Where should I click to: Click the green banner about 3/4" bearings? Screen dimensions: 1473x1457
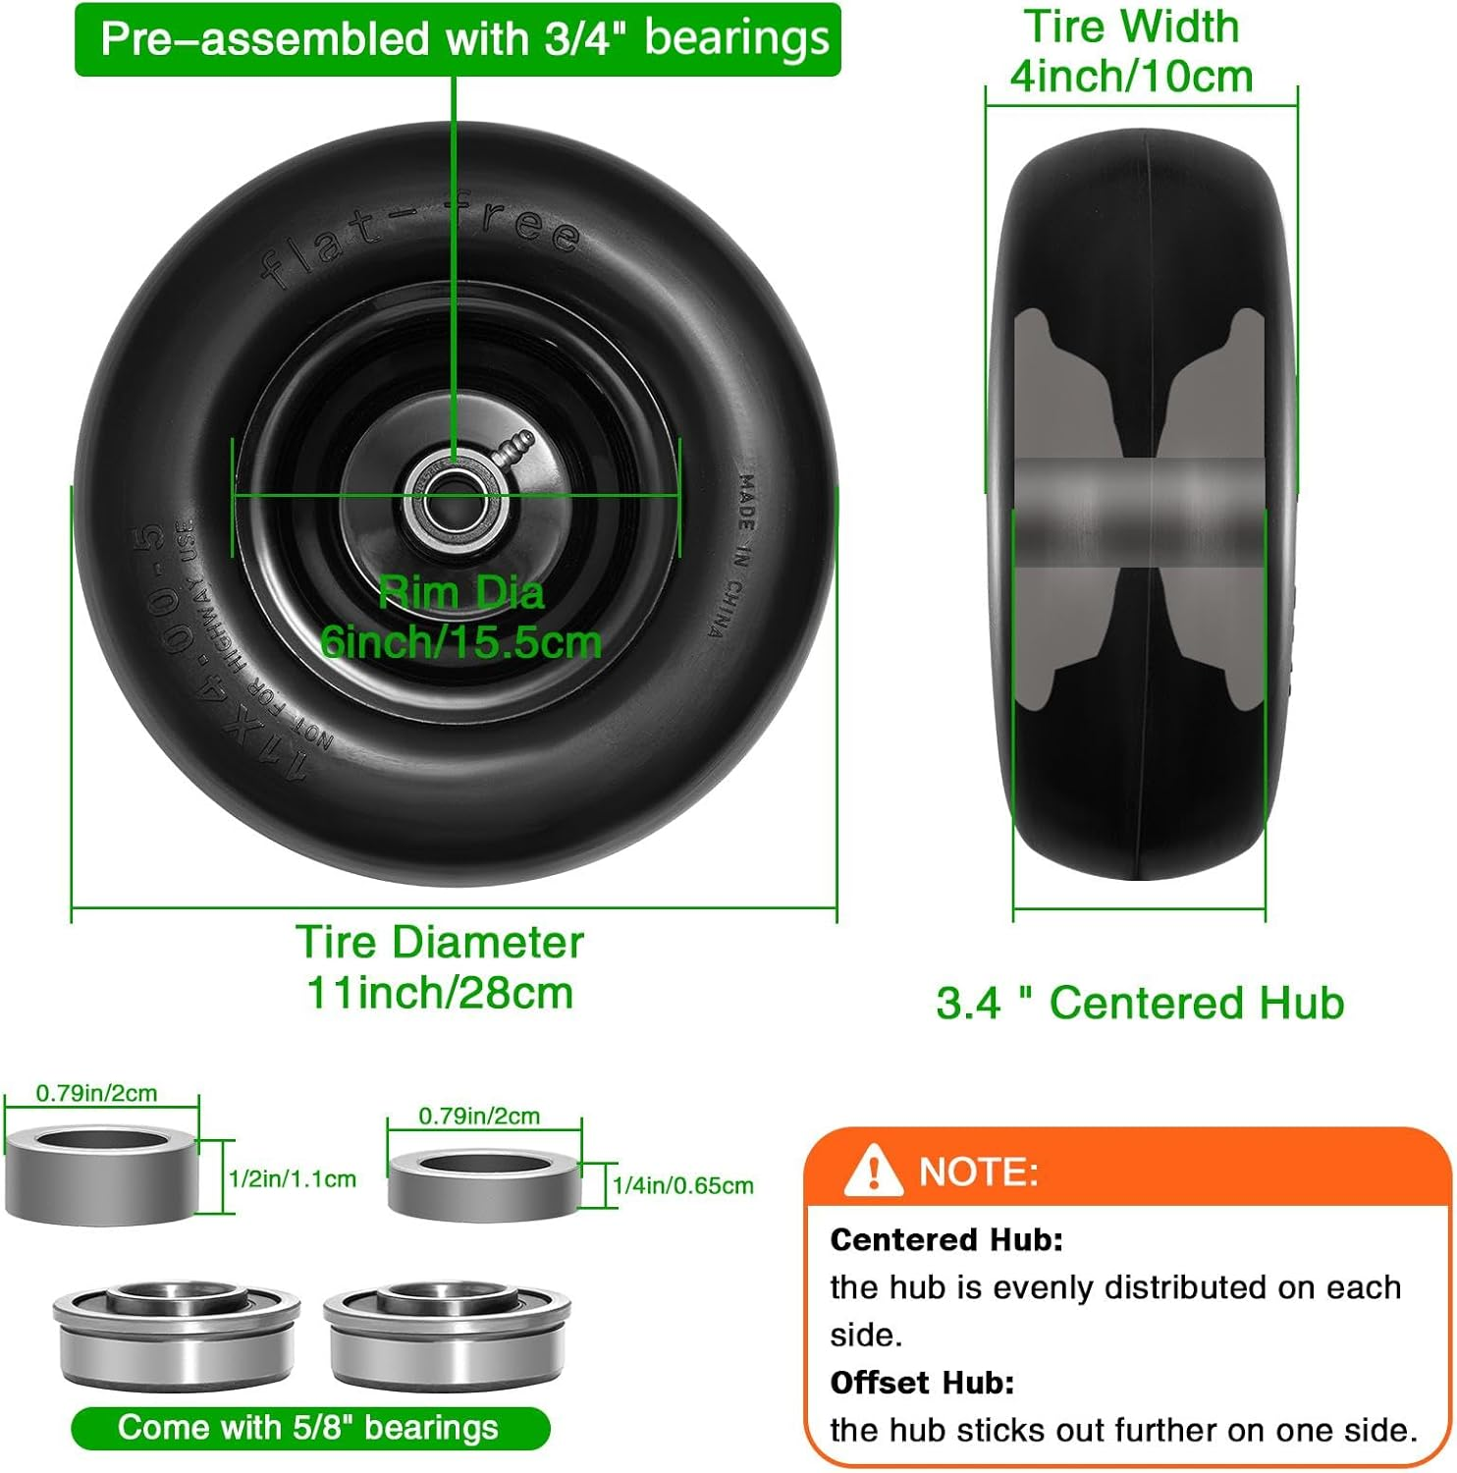pyautogui.click(x=458, y=39)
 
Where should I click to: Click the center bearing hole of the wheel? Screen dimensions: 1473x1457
pyautogui.click(x=456, y=496)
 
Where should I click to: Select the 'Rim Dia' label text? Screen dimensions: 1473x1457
pyautogui.click(x=460, y=593)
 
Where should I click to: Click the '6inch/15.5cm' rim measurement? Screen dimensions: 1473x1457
pyautogui.click(x=460, y=642)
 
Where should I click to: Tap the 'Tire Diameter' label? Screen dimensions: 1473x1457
pyautogui.click(x=440, y=942)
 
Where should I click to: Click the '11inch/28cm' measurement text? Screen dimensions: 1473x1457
pyautogui.click(x=440, y=992)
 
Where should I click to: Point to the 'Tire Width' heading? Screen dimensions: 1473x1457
pyautogui.click(x=1132, y=27)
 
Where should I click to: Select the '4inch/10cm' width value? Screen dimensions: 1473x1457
pyautogui.click(x=1132, y=77)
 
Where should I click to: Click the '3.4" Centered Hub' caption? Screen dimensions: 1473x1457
pyautogui.click(x=1140, y=1003)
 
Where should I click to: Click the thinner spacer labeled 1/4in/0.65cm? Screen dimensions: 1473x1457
pyautogui.click(x=483, y=1185)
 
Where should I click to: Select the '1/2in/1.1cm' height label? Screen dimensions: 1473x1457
pyautogui.click(x=293, y=1178)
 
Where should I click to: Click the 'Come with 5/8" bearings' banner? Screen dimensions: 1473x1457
pyautogui.click(x=309, y=1428)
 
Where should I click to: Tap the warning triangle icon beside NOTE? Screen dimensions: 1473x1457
pyautogui.click(x=872, y=1171)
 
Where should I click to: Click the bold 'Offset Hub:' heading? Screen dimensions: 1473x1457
pyautogui.click(x=922, y=1383)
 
